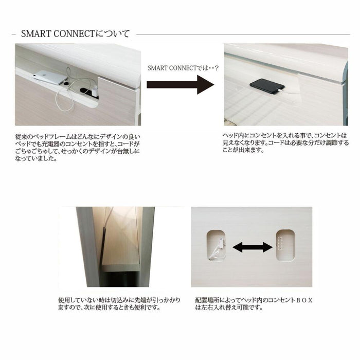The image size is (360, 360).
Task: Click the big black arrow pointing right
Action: [181, 84]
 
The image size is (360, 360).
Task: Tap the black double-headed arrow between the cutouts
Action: [253, 247]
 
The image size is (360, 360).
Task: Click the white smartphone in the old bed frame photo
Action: [50, 77]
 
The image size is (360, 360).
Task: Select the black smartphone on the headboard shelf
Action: [267, 86]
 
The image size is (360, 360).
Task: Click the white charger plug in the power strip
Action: [95, 91]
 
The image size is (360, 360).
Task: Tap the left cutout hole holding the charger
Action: [215, 245]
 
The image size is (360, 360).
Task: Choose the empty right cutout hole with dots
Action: [285, 245]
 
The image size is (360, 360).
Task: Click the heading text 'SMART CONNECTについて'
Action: [75, 34]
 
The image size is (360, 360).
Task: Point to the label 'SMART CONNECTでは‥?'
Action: [183, 68]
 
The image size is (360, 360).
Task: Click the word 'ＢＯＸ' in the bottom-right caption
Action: [304, 300]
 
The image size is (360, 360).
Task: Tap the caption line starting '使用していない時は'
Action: [119, 300]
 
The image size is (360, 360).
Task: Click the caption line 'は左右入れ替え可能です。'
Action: [229, 308]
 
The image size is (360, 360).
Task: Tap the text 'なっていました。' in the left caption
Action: [36, 158]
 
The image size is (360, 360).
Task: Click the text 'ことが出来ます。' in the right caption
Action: [243, 150]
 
